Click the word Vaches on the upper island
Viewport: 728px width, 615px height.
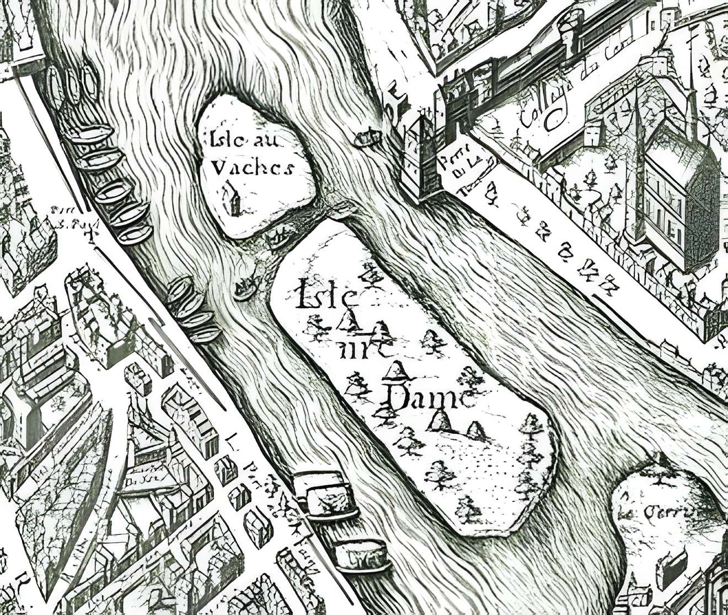pyautogui.click(x=253, y=167)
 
